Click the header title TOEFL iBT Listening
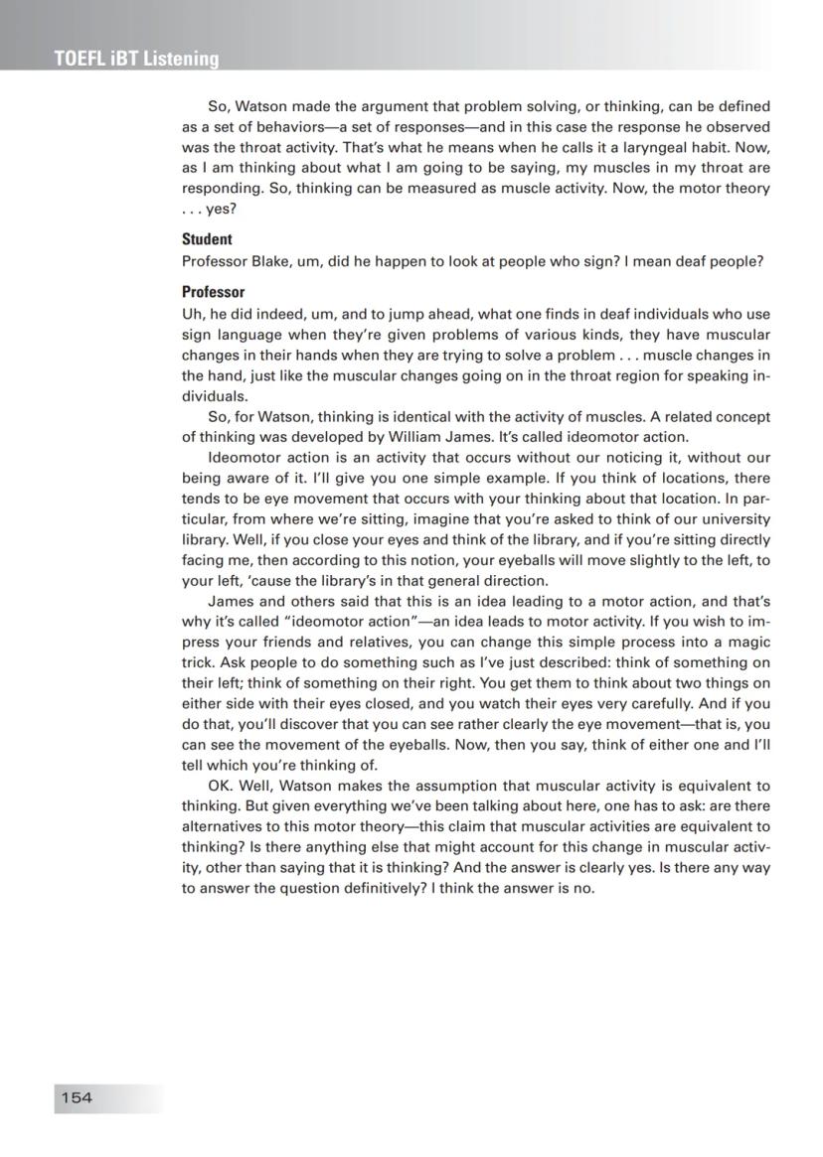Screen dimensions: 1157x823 point(137,59)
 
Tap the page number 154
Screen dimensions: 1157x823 point(77,1097)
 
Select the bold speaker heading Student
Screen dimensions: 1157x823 point(207,239)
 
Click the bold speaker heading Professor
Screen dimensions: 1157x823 point(213,292)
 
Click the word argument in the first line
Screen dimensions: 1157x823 point(388,105)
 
